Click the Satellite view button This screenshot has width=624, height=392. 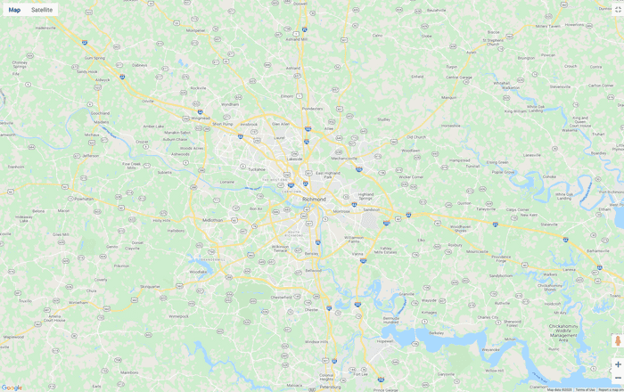click(x=42, y=10)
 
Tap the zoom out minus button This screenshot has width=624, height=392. click(x=618, y=378)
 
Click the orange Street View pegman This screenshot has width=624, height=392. click(x=617, y=341)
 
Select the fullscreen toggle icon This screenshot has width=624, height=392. click(x=618, y=9)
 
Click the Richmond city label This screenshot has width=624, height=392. click(x=314, y=199)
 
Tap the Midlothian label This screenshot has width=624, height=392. click(x=213, y=219)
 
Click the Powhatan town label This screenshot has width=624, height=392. click(x=83, y=199)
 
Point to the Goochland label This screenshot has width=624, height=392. click(x=100, y=113)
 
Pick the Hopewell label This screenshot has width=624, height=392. click(x=385, y=340)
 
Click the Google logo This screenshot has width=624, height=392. click(x=12, y=387)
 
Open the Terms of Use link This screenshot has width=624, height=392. click(x=585, y=389)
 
